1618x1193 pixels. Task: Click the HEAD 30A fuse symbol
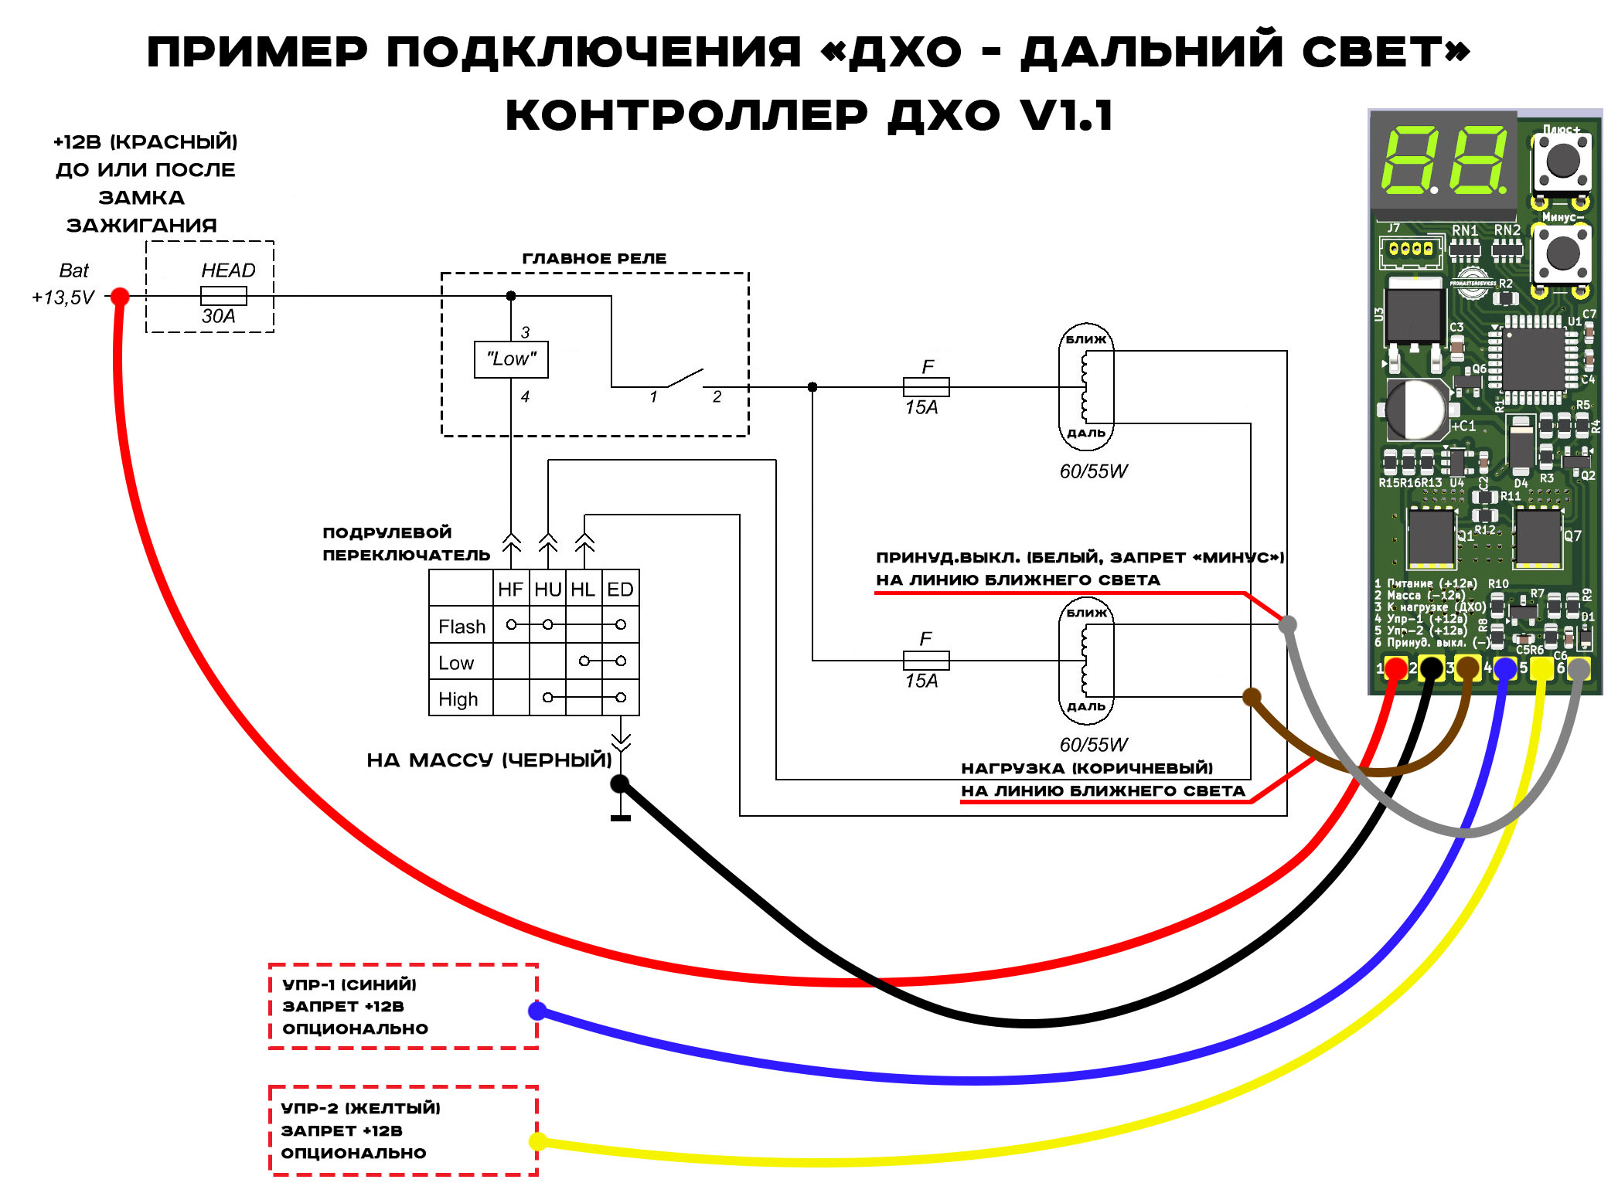coord(223,295)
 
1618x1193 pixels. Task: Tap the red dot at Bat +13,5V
coord(120,296)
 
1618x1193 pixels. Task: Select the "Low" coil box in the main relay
coord(511,359)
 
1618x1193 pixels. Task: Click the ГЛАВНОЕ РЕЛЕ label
coord(594,258)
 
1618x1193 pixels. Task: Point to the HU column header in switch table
coord(547,590)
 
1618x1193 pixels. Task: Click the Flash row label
coord(462,626)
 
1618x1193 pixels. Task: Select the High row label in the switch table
coord(458,698)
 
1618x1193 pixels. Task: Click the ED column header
coord(620,590)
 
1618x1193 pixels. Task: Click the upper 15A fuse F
coord(926,386)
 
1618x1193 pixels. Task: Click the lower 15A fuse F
coord(926,660)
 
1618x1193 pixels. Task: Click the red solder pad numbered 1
coord(1395,668)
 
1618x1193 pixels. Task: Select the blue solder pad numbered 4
coord(1504,668)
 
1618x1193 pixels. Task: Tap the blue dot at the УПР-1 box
coord(537,1010)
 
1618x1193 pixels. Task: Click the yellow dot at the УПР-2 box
coord(537,1141)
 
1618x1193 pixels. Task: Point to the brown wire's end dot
coord(1251,697)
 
